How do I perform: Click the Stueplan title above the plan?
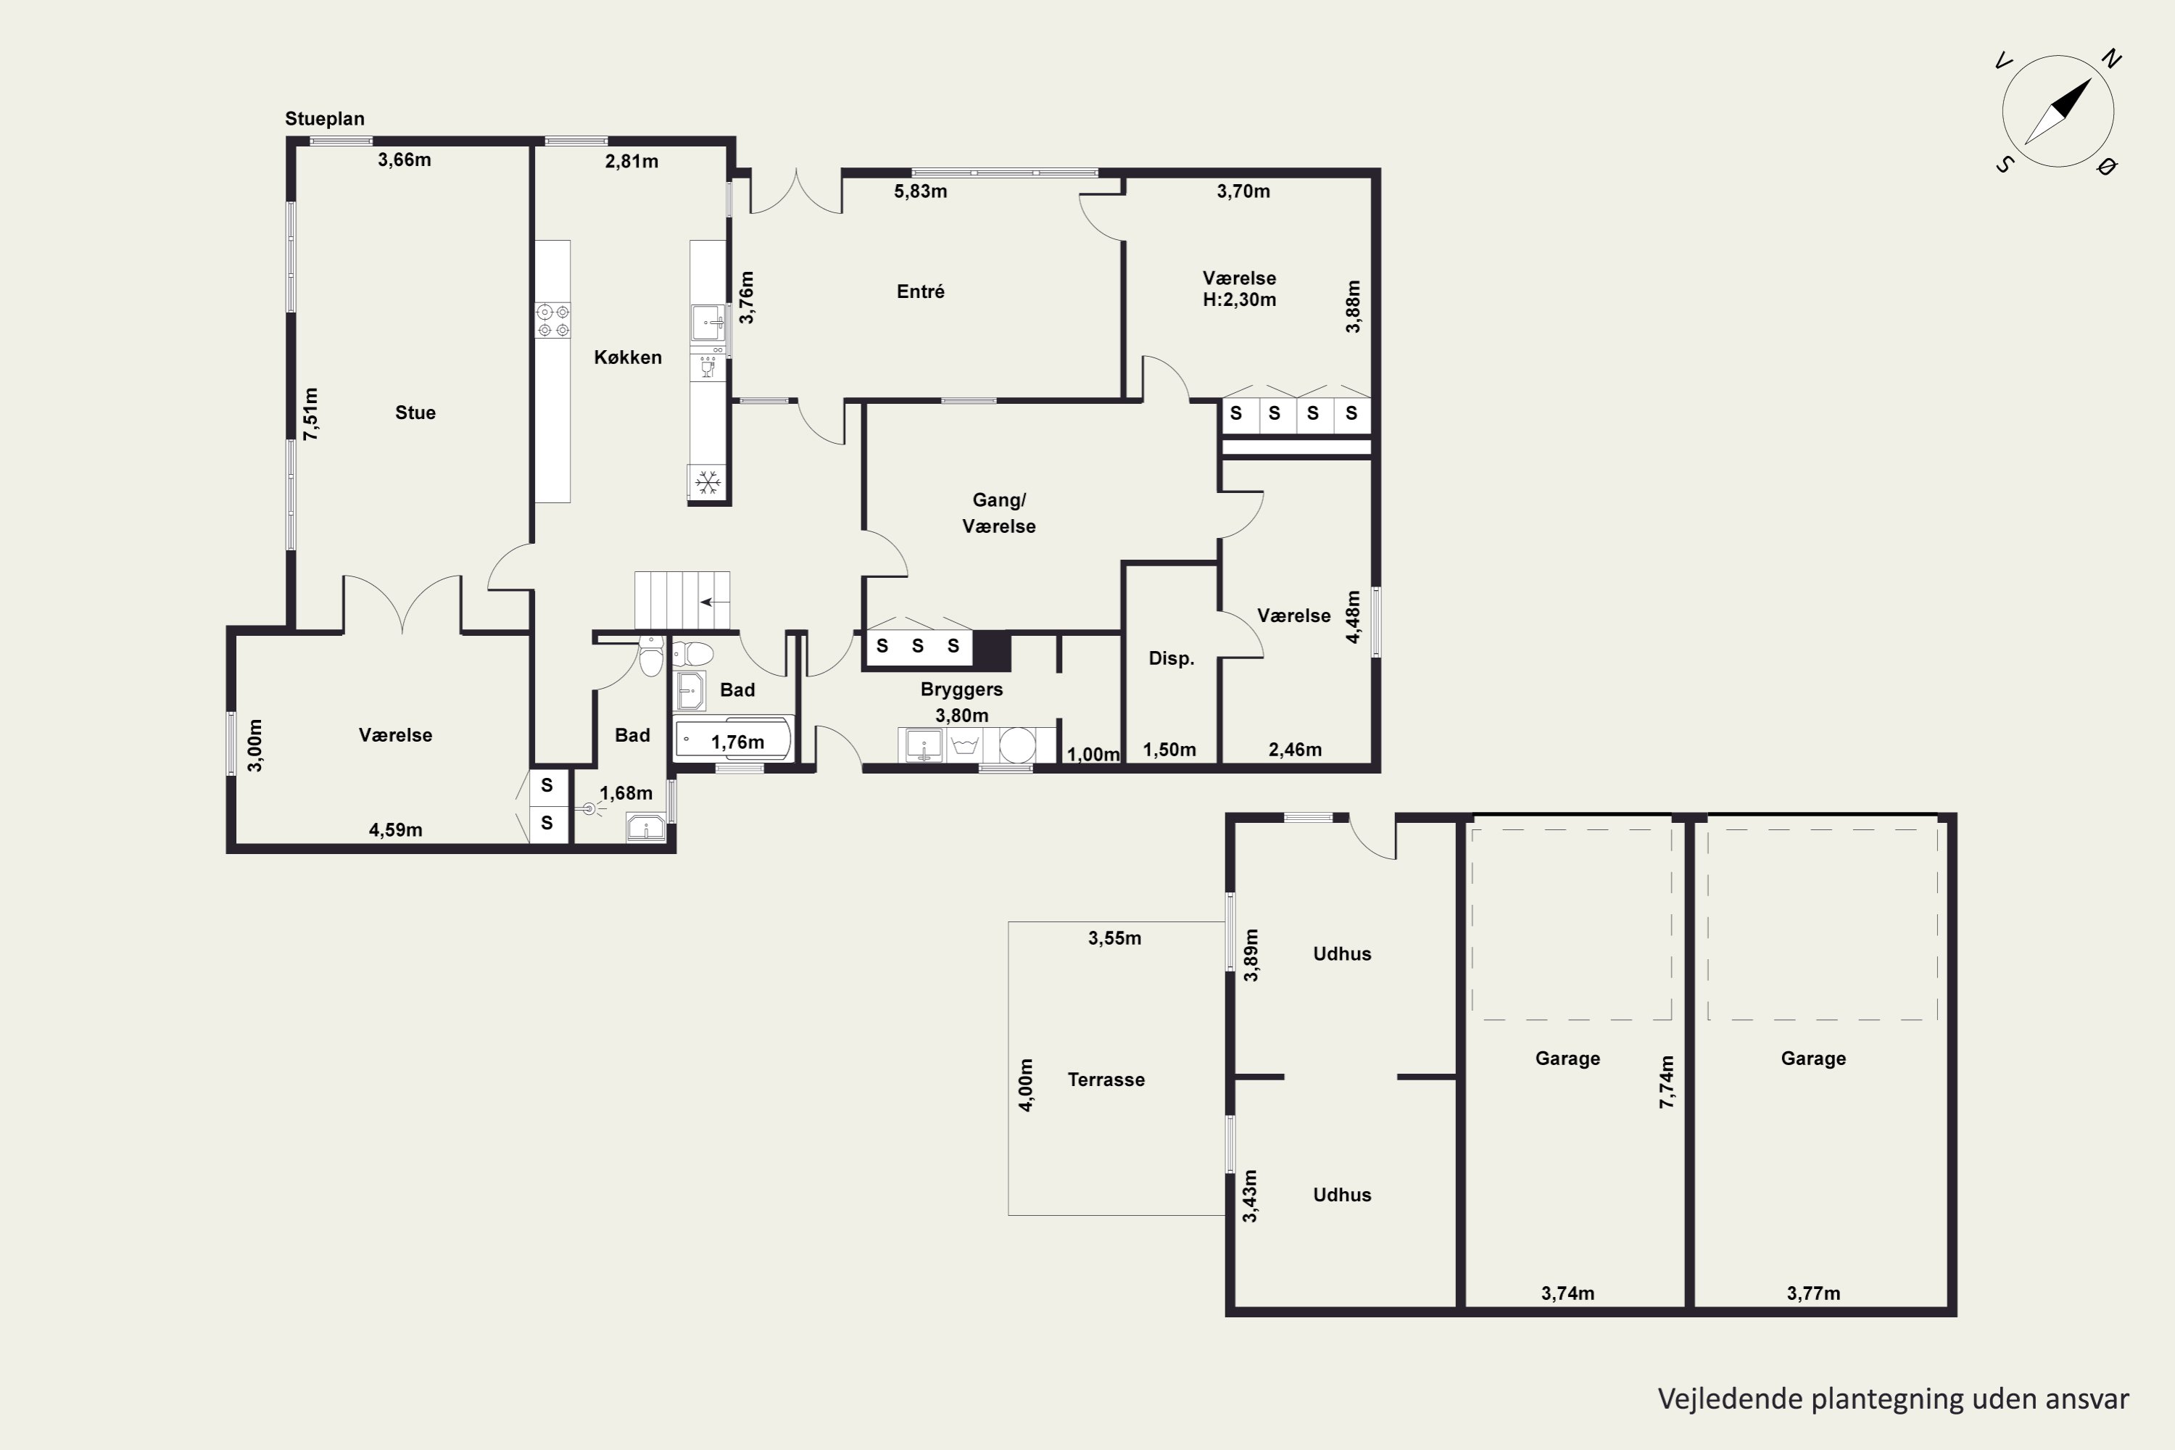click(325, 118)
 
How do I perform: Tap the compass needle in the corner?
click(2058, 112)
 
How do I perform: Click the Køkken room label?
click(628, 357)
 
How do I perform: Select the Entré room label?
click(920, 291)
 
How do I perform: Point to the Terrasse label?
click(1106, 1080)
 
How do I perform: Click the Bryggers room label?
click(962, 689)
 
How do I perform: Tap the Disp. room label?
click(1172, 658)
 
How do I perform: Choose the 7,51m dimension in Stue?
click(311, 413)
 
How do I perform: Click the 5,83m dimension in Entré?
click(920, 191)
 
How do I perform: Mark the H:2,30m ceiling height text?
click(1239, 299)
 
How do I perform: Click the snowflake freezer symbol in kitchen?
click(708, 482)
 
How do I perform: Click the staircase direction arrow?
click(713, 602)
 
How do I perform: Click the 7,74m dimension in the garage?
click(1666, 1082)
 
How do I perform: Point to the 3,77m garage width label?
click(1813, 1293)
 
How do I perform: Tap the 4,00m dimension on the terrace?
click(1026, 1085)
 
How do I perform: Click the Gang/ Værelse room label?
click(999, 513)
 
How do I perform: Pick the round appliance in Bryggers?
click(1017, 745)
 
